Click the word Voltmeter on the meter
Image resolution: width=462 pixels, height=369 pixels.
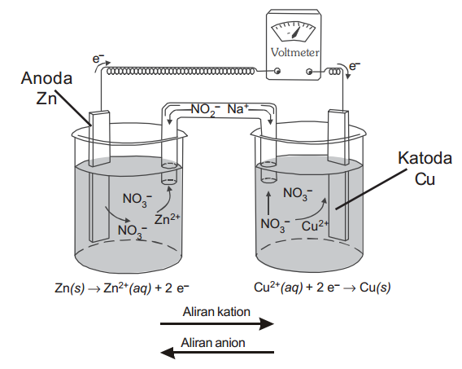pyautogui.click(x=294, y=52)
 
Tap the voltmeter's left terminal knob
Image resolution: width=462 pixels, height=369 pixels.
pyautogui.click(x=277, y=71)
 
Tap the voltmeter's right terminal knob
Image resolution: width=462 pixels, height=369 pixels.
pyautogui.click(x=309, y=72)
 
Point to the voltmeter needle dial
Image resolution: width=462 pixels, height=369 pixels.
pyautogui.click(x=293, y=31)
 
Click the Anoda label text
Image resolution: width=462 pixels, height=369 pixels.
pyautogui.click(x=47, y=78)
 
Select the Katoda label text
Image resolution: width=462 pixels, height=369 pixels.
pyautogui.click(x=425, y=158)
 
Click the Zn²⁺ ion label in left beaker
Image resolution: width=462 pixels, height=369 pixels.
pyautogui.click(x=167, y=219)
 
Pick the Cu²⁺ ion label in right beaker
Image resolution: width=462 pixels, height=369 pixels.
pyautogui.click(x=315, y=226)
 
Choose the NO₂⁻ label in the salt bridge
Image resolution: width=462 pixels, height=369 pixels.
pyautogui.click(x=205, y=110)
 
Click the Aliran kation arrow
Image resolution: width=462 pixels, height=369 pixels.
pyautogui.click(x=217, y=324)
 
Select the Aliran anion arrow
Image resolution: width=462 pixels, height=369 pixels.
pyautogui.click(x=217, y=352)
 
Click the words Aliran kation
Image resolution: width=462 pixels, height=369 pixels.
pyautogui.click(x=216, y=311)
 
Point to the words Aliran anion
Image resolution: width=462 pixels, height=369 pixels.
pyautogui.click(x=213, y=343)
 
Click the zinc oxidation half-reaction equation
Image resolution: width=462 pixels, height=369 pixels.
pyautogui.click(x=122, y=288)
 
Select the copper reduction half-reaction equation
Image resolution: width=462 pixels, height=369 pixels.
pyautogui.click(x=322, y=287)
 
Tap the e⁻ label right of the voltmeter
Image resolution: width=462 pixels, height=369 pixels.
pyautogui.click(x=355, y=66)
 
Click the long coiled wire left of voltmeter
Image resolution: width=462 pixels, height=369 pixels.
pyautogui.click(x=181, y=71)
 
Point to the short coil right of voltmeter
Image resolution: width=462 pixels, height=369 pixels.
pyautogui.click(x=335, y=72)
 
